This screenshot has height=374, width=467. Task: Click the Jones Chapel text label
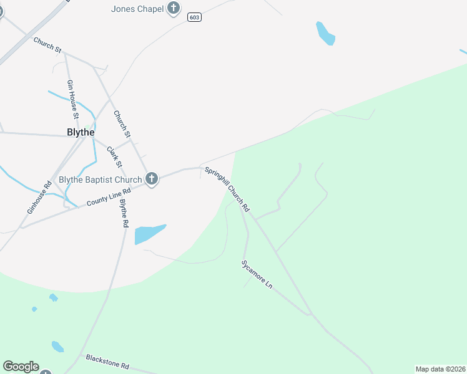click(x=137, y=9)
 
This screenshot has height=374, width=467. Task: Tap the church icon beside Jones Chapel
click(x=174, y=8)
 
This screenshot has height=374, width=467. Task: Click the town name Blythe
click(x=81, y=132)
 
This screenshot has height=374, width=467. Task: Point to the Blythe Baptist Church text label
click(x=101, y=180)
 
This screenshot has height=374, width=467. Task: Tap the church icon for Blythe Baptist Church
click(x=151, y=179)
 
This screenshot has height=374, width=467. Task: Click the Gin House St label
click(x=72, y=98)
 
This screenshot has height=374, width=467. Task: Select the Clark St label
click(x=114, y=157)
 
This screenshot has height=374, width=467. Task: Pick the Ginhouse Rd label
click(x=39, y=198)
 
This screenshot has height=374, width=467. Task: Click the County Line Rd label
click(x=108, y=198)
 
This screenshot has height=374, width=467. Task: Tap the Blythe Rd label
click(x=124, y=212)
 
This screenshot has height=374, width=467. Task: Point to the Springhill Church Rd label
click(x=227, y=189)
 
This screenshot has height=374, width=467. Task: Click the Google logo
click(x=21, y=367)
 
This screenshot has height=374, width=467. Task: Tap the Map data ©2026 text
click(x=440, y=368)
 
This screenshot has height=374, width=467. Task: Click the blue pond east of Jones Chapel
click(x=325, y=34)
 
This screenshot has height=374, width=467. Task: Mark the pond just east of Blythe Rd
click(x=149, y=234)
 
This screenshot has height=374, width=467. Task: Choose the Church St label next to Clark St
click(x=122, y=124)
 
